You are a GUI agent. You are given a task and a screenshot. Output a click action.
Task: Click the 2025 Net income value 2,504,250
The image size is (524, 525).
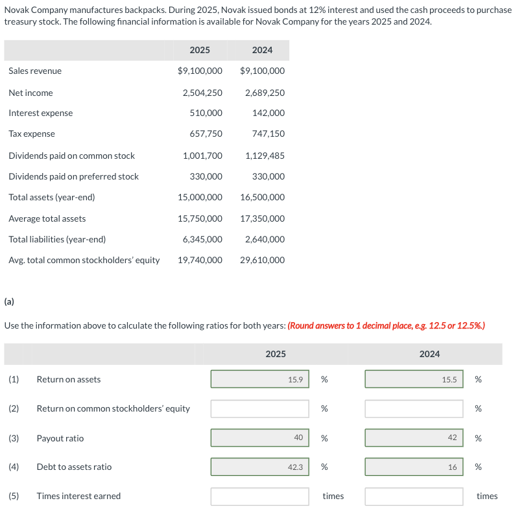click(202, 93)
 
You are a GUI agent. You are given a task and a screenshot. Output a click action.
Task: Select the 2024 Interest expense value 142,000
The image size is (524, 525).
click(268, 113)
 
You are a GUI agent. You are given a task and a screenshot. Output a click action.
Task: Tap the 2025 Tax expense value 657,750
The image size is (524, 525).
click(206, 134)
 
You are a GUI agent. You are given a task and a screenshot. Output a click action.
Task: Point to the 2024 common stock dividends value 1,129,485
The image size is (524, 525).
click(265, 156)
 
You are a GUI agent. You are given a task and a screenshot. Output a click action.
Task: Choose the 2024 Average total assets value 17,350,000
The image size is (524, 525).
click(263, 218)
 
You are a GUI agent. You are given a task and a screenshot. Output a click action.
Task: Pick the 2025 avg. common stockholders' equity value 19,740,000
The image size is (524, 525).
click(200, 260)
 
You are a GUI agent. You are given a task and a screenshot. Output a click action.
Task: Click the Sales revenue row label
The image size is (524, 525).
click(35, 71)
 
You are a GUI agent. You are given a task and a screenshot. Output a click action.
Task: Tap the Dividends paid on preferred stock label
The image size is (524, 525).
click(73, 176)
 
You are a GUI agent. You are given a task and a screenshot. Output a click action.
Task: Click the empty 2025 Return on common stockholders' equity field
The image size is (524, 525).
click(259, 408)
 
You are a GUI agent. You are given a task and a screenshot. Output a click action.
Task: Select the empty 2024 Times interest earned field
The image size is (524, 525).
click(414, 496)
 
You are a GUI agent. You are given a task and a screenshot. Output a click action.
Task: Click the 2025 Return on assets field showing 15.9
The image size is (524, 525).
click(259, 379)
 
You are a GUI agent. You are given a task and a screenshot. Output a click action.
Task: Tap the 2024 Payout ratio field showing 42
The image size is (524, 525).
click(414, 438)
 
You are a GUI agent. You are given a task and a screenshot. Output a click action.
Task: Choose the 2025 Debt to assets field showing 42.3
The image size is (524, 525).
click(259, 467)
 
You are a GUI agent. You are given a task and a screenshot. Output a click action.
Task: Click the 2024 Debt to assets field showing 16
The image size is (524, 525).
click(414, 467)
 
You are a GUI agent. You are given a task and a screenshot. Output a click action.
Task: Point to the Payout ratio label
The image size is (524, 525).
click(60, 438)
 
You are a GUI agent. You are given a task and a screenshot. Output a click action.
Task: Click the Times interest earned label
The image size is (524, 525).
click(78, 496)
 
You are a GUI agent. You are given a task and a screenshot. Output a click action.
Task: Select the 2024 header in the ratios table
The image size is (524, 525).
click(429, 354)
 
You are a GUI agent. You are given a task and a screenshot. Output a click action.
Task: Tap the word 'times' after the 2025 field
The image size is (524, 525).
click(333, 496)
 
